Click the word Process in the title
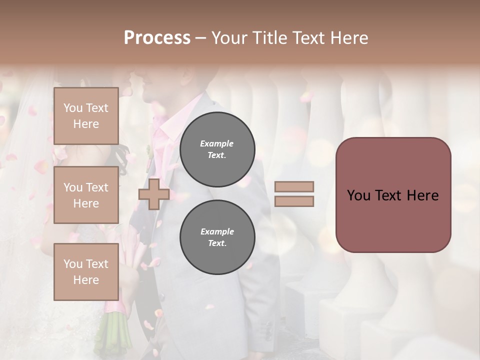pos(157,38)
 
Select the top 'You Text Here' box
pos(86,116)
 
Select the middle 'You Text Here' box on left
pos(86,195)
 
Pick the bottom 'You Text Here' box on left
pos(86,272)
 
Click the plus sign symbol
pos(153,194)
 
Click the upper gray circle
pos(217,149)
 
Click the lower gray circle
pos(217,237)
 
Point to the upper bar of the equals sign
pos(294,187)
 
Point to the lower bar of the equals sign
pos(294,201)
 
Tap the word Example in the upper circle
pos(216,144)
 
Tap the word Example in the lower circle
pos(216,232)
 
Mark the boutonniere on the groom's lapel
pos(148,151)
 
